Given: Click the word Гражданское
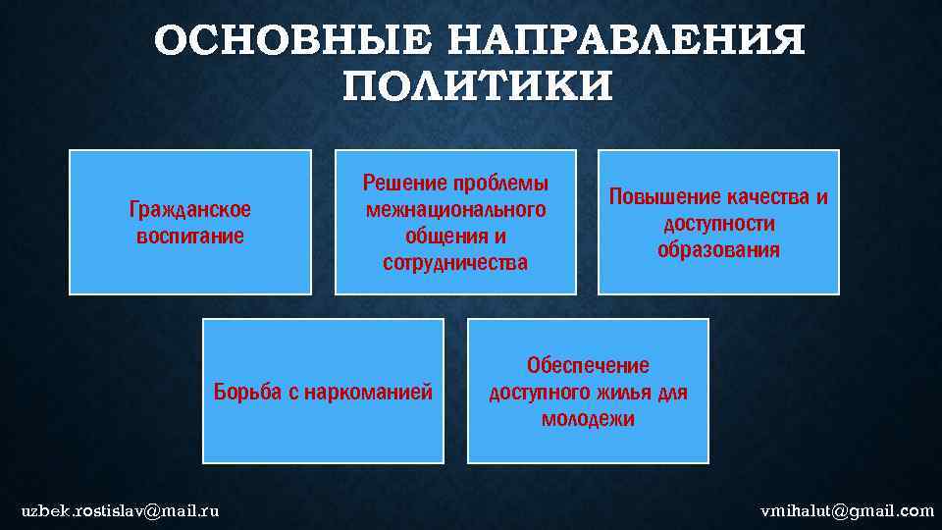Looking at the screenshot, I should (x=190, y=210).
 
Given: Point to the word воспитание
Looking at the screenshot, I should (x=190, y=237).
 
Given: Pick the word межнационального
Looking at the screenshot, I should (x=455, y=210).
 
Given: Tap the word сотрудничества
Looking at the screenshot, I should (x=455, y=263).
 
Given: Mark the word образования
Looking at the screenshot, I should (x=719, y=250).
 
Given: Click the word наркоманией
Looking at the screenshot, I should (x=369, y=394).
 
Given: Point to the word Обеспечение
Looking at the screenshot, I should (x=588, y=366).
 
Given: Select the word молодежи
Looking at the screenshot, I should (x=588, y=420).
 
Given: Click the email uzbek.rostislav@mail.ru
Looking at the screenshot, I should (x=121, y=510).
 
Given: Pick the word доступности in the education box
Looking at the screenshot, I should (x=719, y=224).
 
